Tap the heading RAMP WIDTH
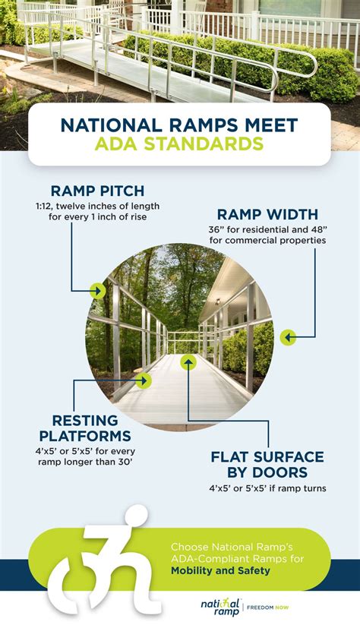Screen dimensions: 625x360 pyautogui.click(x=268, y=214)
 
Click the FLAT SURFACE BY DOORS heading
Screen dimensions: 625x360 pyautogui.click(x=267, y=465)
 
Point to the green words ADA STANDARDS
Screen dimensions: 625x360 pyautogui.click(x=179, y=144)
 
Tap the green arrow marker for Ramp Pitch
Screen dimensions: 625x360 pyautogui.click(x=97, y=290)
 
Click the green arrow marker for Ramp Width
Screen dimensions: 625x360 pyautogui.click(x=288, y=337)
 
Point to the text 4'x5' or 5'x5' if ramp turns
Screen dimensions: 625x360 pyautogui.click(x=267, y=488)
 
